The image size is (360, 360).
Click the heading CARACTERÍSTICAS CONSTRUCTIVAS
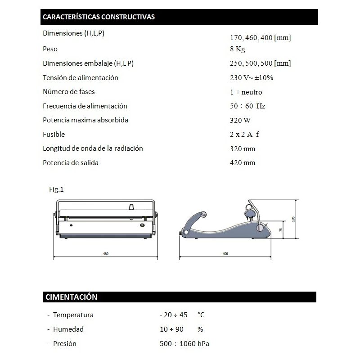point(99,17)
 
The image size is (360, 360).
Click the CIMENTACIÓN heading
point(71,297)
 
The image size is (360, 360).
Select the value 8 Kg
point(237,49)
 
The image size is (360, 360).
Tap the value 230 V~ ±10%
point(251,78)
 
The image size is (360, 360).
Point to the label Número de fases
point(69,92)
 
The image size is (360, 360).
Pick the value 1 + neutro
point(246,92)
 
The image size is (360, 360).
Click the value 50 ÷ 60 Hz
point(247,106)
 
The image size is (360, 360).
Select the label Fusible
point(54,134)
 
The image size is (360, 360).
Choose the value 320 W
point(240,121)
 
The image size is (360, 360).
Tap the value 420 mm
point(242,163)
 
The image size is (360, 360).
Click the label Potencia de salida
point(71,162)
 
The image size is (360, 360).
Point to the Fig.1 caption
point(56,189)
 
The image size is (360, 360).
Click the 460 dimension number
point(105,254)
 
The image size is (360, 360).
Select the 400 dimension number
point(225,254)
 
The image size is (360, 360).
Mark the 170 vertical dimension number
point(293,219)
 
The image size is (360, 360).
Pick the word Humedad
point(68,329)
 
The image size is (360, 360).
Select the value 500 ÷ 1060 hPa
point(184,344)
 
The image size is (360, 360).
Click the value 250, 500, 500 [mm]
point(260,63)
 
